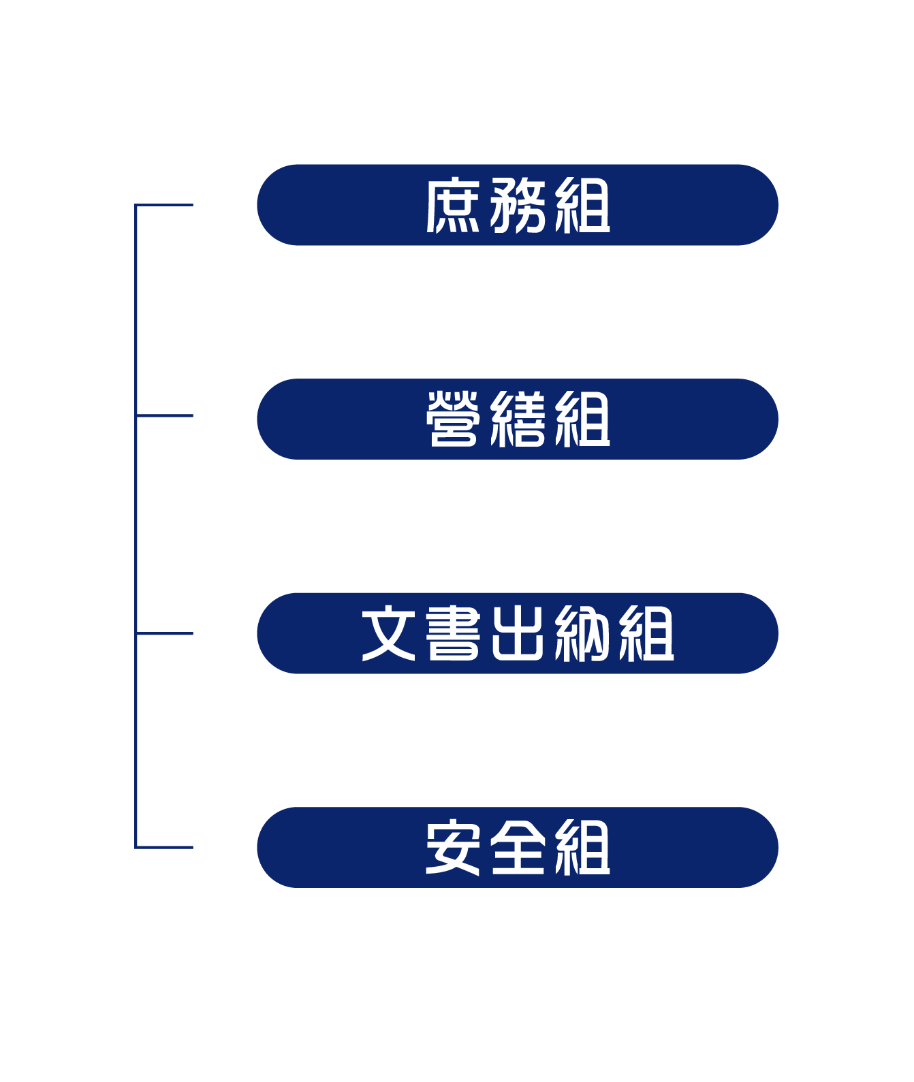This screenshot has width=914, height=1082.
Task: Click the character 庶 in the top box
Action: coord(453,205)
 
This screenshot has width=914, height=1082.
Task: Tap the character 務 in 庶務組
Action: coord(518,205)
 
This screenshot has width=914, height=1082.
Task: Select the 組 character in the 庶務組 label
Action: coord(582,205)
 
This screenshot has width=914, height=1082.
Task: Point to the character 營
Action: coord(453,419)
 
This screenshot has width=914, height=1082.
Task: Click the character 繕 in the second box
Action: coord(518,419)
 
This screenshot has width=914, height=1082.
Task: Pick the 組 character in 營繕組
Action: coord(582,419)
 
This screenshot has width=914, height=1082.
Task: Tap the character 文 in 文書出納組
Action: coord(388,633)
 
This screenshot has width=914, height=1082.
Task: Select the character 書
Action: coord(453,633)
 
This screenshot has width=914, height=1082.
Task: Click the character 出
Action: coord(518,633)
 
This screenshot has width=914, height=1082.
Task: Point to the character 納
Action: coord(582,633)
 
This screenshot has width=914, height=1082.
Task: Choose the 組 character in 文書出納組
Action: coord(646,633)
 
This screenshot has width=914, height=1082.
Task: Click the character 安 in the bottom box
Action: coord(453,846)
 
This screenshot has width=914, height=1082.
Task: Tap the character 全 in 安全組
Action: coord(518,846)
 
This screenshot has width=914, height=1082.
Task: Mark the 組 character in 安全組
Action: coord(582,846)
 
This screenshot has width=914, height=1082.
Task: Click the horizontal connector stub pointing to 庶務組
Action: coord(164,205)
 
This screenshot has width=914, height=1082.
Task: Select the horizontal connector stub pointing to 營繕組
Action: coord(164,415)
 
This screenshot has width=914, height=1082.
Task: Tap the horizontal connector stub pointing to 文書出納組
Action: coord(164,633)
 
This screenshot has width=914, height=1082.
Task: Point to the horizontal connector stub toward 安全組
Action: coord(164,847)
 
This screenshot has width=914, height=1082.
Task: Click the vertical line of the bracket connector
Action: coord(136,526)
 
